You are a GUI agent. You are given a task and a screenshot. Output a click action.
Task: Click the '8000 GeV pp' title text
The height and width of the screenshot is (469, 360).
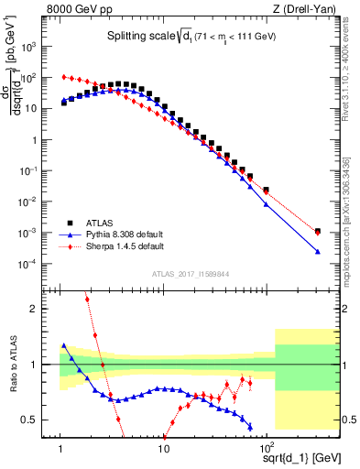click(x=84, y=10)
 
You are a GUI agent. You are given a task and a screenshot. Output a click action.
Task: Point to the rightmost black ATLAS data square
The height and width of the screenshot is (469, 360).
click(x=318, y=232)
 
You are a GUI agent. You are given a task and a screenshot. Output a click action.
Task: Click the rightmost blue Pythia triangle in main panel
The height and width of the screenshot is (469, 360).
click(x=318, y=251)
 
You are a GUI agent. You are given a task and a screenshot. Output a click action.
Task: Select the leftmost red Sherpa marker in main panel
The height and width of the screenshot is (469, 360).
click(x=63, y=77)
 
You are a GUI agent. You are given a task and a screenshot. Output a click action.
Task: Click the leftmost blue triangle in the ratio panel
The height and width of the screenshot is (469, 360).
click(x=63, y=345)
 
